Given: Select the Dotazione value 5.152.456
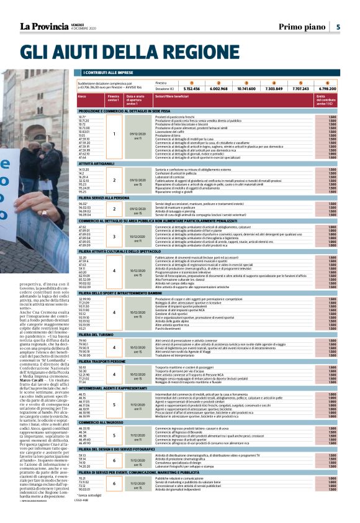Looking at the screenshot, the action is (192, 89).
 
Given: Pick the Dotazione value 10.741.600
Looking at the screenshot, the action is (246, 89).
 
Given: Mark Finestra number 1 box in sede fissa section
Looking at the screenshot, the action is (114, 134).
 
